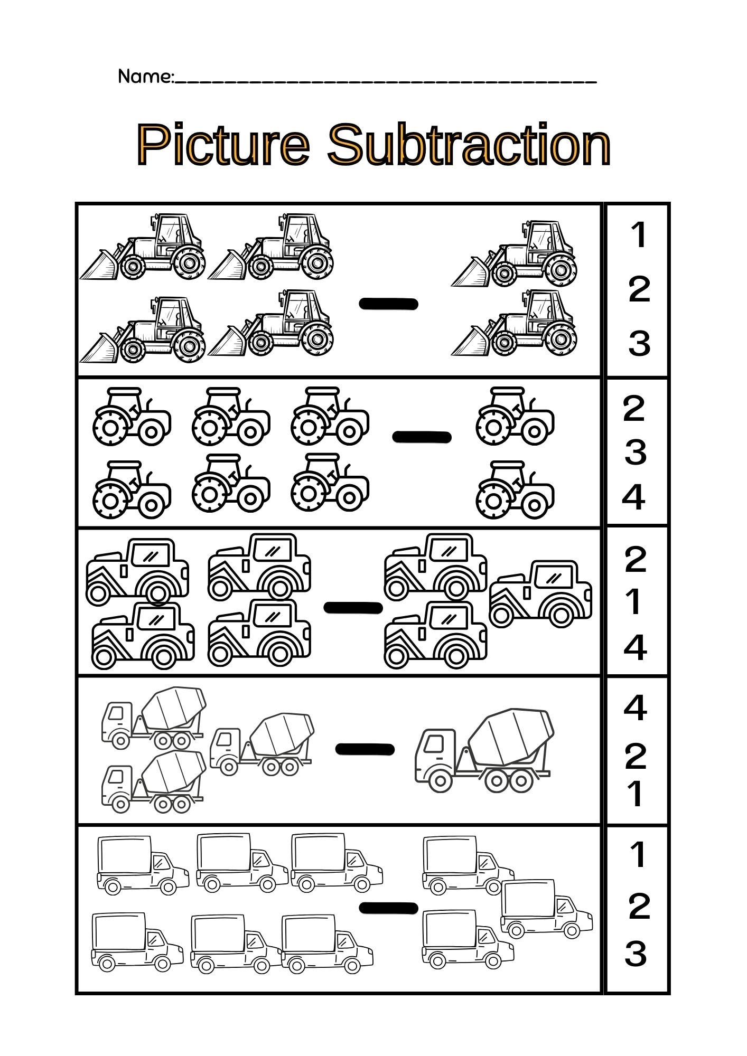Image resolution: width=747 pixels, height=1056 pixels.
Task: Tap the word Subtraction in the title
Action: [469, 144]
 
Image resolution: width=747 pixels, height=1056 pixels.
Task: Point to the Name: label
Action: [145, 77]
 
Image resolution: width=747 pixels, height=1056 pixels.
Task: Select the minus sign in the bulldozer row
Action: [388, 304]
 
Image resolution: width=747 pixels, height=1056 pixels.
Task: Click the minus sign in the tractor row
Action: [422, 437]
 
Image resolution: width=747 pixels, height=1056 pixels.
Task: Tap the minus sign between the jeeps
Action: [353, 608]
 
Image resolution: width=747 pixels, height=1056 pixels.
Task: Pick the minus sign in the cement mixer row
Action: [365, 749]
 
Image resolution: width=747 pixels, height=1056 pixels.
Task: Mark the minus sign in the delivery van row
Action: [388, 908]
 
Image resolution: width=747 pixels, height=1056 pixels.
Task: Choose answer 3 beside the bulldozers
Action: [639, 343]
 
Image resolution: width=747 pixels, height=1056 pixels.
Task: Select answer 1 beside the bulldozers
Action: [639, 235]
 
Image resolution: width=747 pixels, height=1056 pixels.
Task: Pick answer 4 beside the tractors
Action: [634, 497]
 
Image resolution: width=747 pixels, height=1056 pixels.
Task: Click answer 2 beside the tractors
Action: [634, 408]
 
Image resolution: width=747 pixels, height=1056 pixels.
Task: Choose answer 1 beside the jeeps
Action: [635, 602]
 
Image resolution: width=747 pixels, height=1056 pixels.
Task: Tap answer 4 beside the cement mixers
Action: [635, 708]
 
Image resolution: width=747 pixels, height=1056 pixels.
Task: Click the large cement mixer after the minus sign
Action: [483, 750]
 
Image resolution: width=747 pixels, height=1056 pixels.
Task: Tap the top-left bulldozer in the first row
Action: [143, 247]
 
